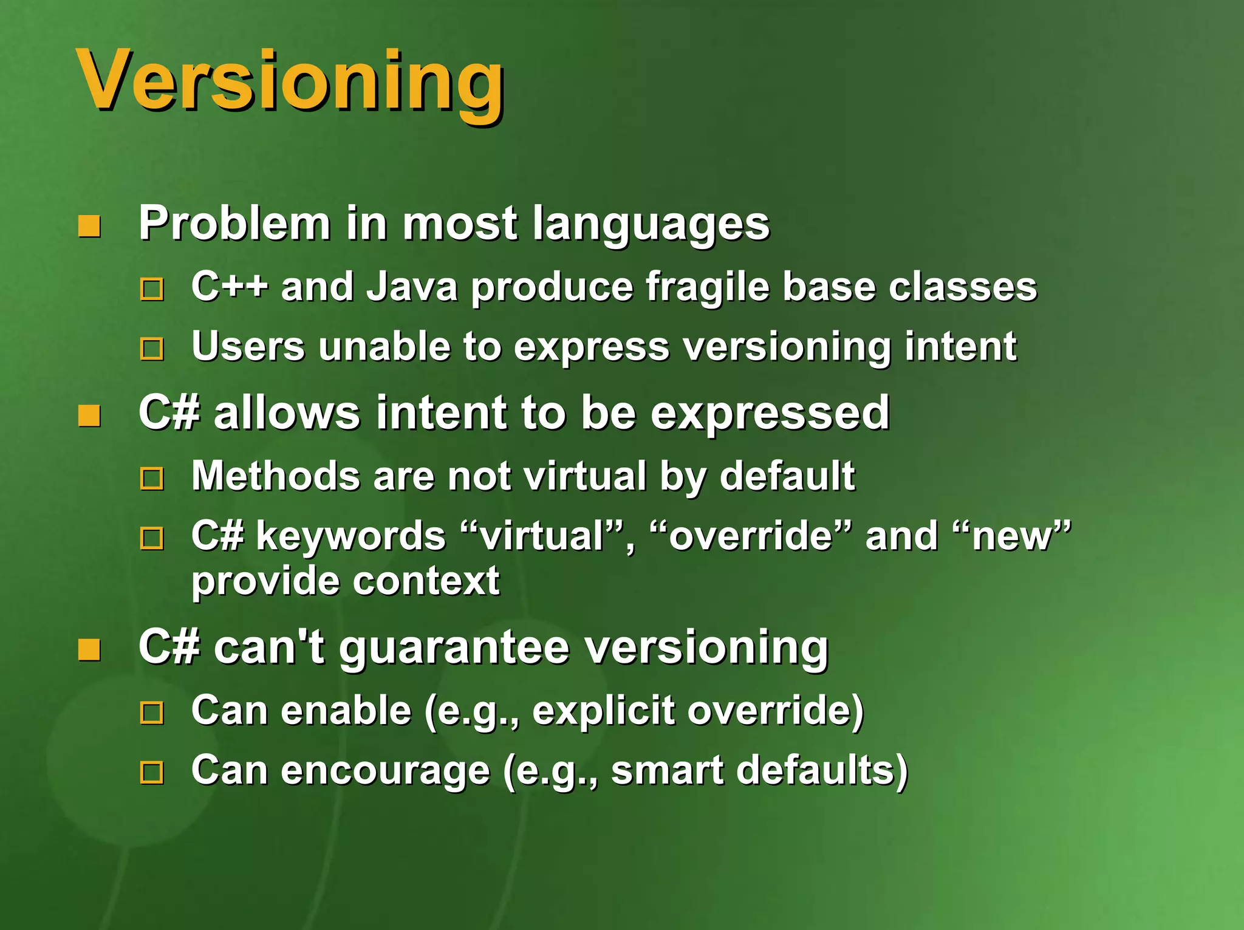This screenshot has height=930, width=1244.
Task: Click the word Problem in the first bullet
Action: tap(234, 224)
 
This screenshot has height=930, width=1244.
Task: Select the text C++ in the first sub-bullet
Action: tap(229, 286)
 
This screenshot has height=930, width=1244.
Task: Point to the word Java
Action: tap(412, 286)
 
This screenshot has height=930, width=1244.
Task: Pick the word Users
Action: tap(248, 346)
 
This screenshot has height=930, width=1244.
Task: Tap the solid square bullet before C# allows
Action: tap(89, 416)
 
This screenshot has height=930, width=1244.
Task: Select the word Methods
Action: tap(276, 476)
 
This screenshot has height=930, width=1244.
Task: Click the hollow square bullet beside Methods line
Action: tap(152, 479)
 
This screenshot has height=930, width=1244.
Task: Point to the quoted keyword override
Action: tap(750, 536)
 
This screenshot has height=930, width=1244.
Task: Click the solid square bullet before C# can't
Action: tap(89, 650)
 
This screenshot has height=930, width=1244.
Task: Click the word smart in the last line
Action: tap(667, 770)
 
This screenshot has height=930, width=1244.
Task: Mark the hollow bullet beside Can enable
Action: tap(152, 713)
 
